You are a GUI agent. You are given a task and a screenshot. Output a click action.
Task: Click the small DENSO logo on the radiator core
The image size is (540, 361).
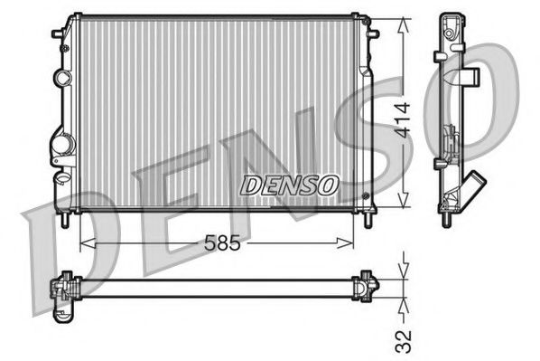click(290, 185)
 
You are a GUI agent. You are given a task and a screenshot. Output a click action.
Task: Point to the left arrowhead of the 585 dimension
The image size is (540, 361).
click(84, 242)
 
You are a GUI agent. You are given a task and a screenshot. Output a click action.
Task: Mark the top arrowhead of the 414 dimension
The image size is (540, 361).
click(405, 19)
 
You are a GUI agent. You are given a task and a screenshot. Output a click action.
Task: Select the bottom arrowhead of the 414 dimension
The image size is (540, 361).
click(405, 206)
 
